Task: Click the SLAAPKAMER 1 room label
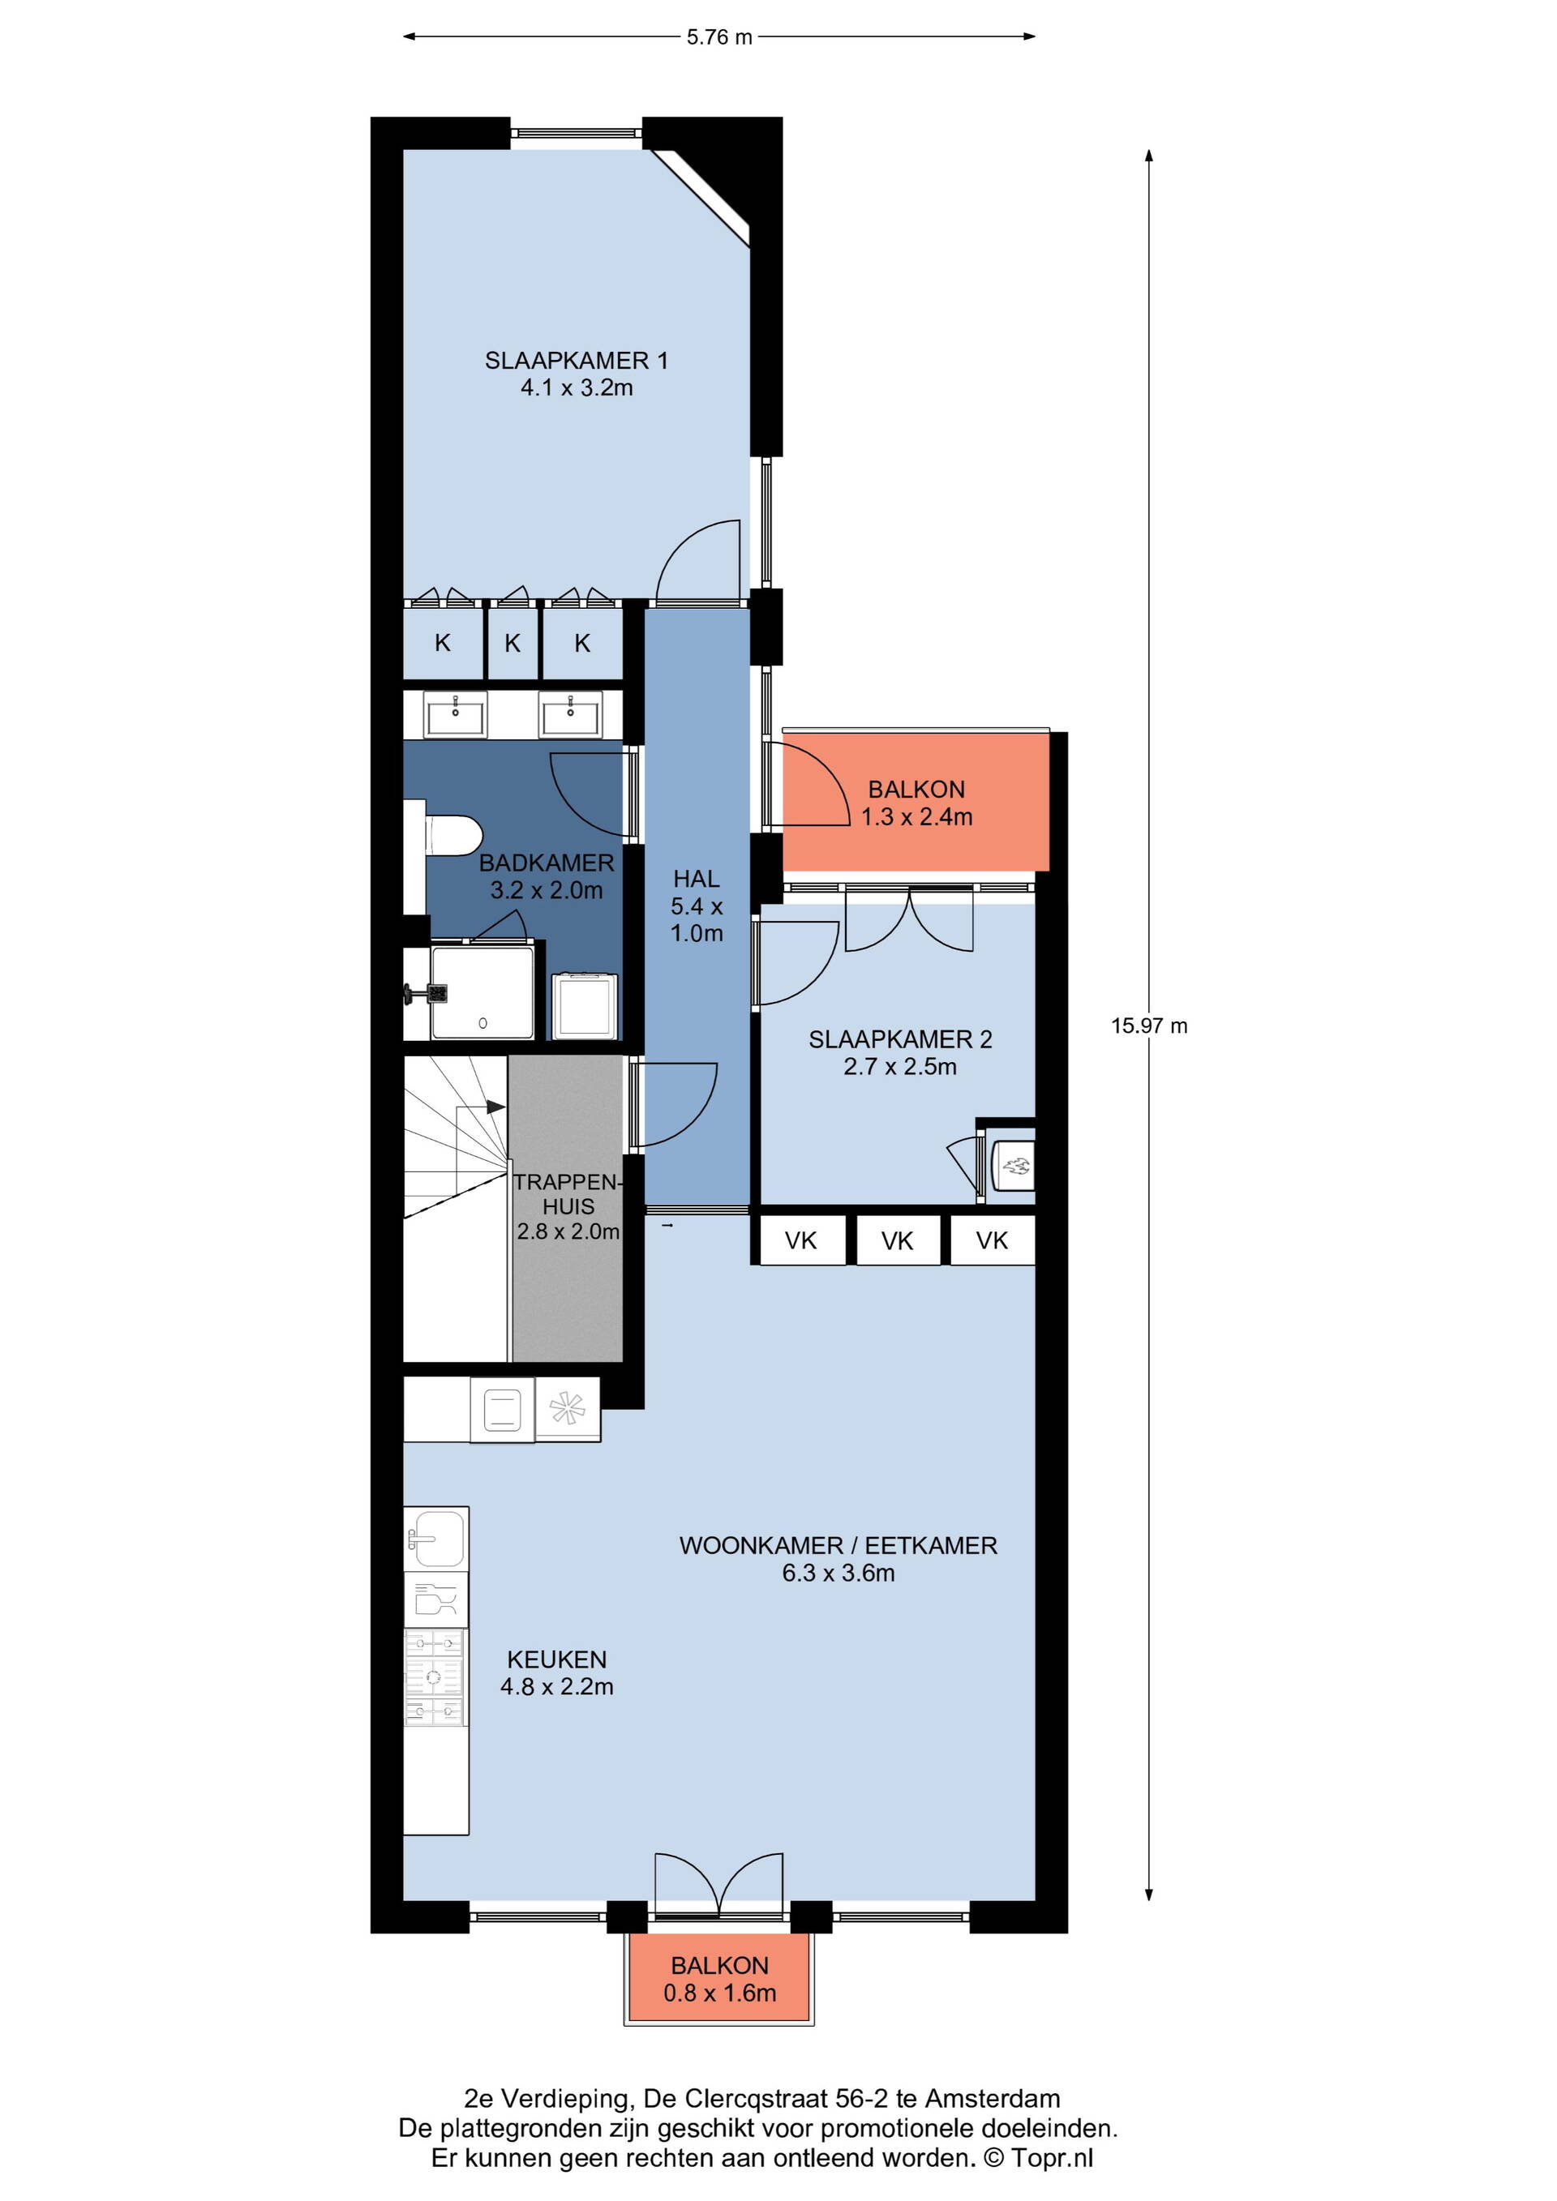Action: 577,374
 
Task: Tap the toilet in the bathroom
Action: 452,834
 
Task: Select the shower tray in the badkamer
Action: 483,992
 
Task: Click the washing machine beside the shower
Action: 585,1005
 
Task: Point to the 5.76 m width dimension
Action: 719,37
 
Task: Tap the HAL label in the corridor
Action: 696,878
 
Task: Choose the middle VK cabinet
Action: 898,1240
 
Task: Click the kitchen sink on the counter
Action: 436,1539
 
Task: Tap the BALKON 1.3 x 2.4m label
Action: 916,803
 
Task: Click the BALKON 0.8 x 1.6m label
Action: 720,1980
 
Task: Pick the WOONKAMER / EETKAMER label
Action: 838,1544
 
